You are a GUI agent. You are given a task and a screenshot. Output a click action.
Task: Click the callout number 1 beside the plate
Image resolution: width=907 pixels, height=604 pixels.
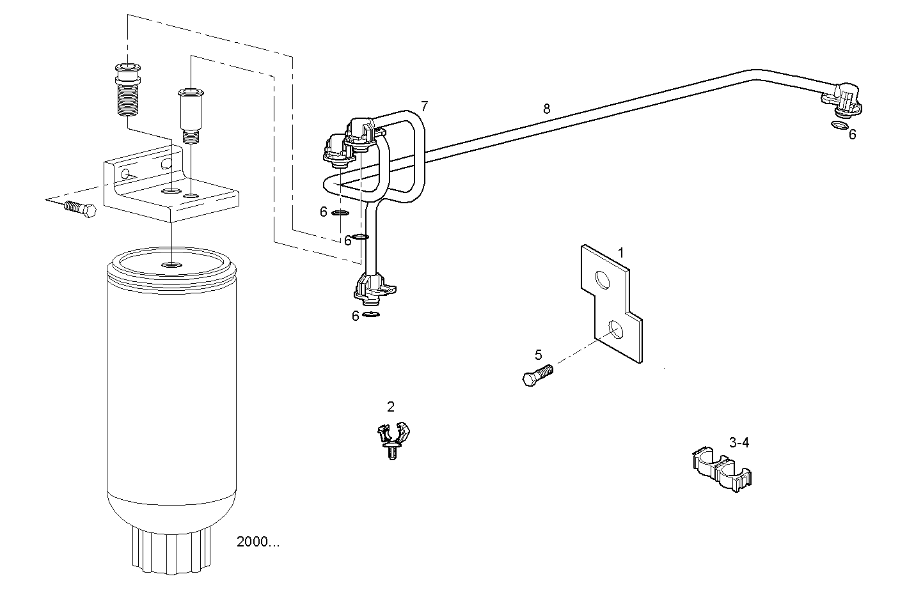pos(620,253)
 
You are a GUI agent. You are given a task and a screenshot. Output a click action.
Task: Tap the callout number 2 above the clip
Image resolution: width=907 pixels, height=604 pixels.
pos(391,407)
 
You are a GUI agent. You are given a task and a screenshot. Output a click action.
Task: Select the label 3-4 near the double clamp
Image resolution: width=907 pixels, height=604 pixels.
pos(739,442)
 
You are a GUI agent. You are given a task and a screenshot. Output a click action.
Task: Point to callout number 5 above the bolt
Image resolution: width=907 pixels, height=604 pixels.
pos(538,355)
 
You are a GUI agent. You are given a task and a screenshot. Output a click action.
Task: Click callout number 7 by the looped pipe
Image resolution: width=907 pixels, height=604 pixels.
pos(424,105)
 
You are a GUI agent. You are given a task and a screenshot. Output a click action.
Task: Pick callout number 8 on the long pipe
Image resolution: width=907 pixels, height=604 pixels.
pos(546,109)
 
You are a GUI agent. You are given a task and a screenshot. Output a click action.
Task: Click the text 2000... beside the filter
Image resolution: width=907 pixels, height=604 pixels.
pos(258,542)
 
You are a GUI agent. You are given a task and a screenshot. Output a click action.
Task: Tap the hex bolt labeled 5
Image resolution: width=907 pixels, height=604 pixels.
pos(537,375)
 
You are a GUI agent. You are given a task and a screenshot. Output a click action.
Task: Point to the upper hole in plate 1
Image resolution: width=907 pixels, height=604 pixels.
pos(603,279)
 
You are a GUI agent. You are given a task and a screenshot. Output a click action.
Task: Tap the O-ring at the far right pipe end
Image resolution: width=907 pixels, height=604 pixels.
pos(839,125)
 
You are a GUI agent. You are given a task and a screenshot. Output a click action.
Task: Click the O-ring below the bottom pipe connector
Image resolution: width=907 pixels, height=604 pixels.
pos(371,314)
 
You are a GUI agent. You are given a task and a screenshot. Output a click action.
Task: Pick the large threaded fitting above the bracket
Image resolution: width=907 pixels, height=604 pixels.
pos(128,89)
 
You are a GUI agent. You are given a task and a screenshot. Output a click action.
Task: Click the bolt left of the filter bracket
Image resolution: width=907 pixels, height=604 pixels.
pos(80,209)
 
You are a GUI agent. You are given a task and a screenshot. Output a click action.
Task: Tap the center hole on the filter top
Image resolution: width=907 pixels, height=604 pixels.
pos(171,265)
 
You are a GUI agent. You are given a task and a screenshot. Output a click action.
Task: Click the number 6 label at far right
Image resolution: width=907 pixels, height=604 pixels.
pos(852,134)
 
